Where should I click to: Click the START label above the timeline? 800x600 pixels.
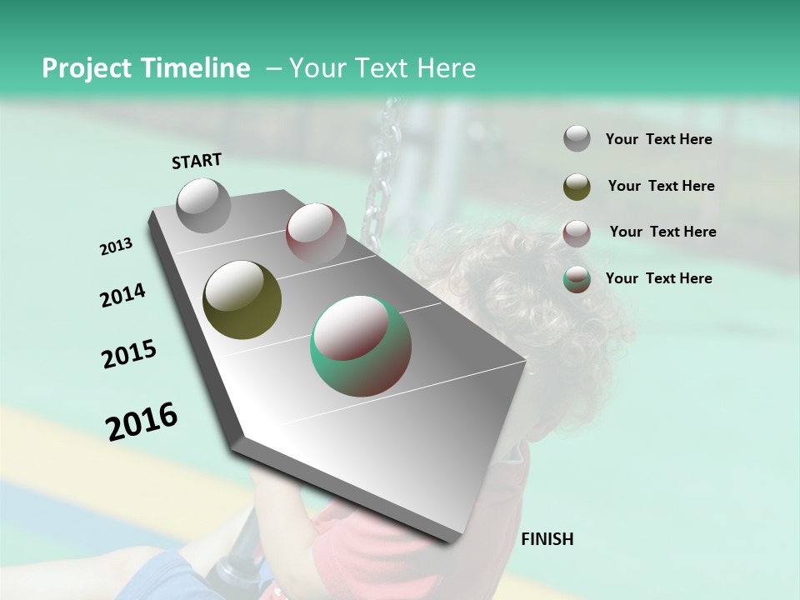click(197, 161)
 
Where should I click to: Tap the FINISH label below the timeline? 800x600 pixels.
click(547, 539)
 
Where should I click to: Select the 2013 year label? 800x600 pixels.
click(116, 247)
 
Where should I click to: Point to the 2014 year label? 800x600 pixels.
click(122, 296)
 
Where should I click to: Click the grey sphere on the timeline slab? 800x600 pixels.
click(203, 205)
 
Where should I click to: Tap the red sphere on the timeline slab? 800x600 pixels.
click(316, 232)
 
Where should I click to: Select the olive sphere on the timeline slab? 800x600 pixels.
click(242, 300)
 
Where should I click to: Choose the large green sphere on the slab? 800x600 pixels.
click(361, 346)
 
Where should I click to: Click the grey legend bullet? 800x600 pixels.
click(577, 139)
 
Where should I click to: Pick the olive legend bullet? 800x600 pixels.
click(577, 187)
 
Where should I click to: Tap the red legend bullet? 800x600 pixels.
click(577, 233)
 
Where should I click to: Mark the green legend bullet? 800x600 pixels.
click(577, 279)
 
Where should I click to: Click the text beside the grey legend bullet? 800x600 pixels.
click(658, 139)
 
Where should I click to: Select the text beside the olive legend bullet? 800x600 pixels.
click(661, 186)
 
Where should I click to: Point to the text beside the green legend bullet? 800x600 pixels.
click(658, 278)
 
